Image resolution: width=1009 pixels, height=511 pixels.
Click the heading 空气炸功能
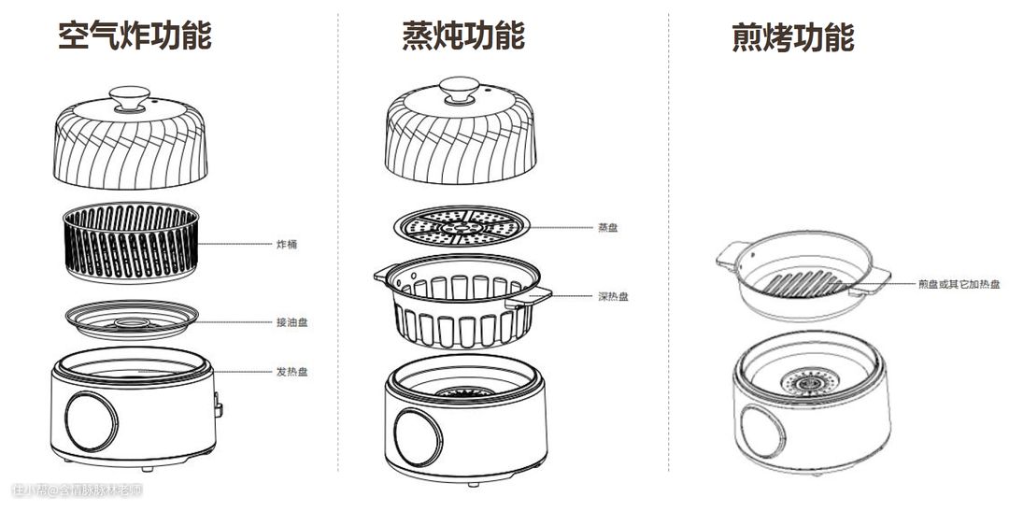[135, 35]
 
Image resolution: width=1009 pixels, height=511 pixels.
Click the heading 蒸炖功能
[463, 35]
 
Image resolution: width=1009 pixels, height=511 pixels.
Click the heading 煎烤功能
[792, 37]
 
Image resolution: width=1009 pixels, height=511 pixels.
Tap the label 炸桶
[287, 245]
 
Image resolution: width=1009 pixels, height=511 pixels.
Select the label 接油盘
[291, 322]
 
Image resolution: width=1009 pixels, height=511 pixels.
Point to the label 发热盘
[291, 371]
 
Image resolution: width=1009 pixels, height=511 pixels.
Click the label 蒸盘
[607, 227]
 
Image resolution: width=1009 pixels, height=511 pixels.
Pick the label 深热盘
[613, 296]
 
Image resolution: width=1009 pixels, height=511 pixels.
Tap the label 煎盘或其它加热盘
[959, 284]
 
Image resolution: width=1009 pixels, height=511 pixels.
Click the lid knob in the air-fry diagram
[130, 98]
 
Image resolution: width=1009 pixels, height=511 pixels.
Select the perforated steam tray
[462, 226]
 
